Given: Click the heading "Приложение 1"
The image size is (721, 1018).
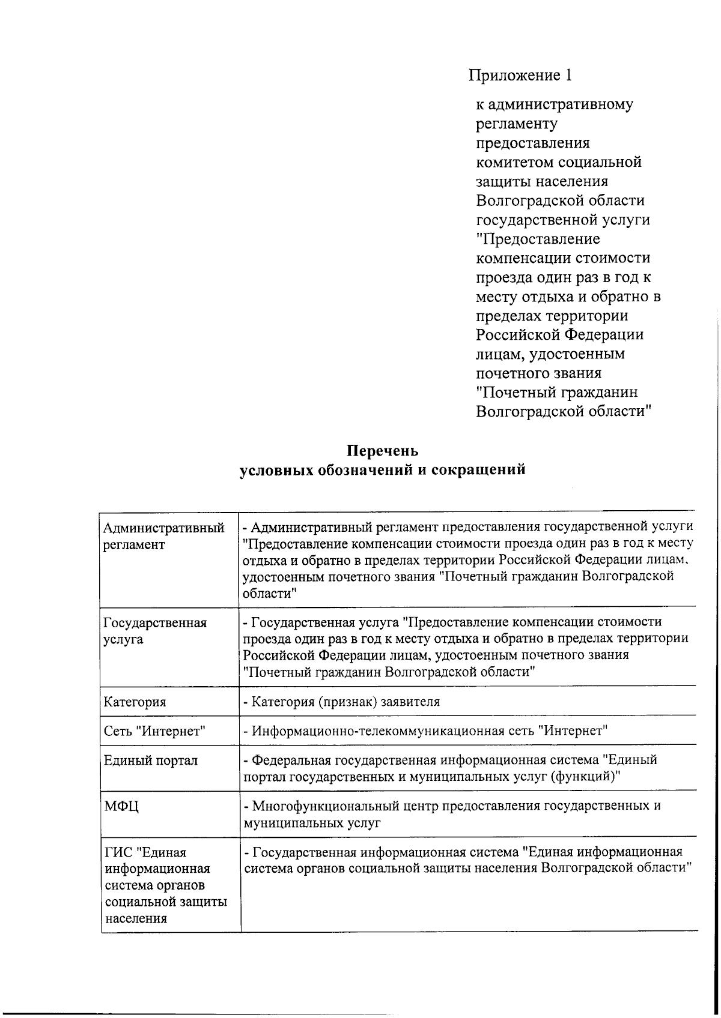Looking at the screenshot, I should tap(520, 75).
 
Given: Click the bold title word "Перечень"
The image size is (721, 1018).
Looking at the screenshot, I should tap(382, 450).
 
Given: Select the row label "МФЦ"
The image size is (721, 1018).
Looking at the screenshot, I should tap(121, 807).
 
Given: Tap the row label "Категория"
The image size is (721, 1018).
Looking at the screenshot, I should tap(135, 702).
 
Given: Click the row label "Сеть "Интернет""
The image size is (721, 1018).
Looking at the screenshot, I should tap(154, 731).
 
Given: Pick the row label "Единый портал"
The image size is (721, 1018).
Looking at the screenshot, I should tap(150, 760).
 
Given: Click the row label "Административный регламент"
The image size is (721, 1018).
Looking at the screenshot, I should tap(163, 536).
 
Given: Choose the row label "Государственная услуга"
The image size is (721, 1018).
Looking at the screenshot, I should tap(155, 631).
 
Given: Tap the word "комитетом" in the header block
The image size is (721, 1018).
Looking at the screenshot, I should tap(514, 162).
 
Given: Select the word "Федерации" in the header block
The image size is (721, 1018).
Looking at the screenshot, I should tap(605, 335).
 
